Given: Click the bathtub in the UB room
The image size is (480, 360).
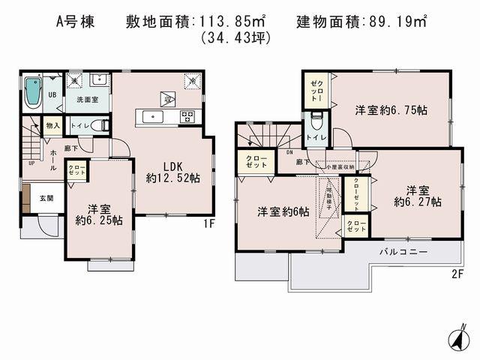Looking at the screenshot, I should coord(34,93).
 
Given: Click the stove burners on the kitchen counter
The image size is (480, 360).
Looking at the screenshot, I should coord(187,116).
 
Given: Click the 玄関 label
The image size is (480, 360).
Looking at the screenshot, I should coord(46,199).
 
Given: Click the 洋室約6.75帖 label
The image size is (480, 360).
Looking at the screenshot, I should coord(391,110).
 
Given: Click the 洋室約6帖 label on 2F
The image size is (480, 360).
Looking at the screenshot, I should coord(282,211).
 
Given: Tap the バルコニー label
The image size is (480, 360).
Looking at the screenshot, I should coord(403,251).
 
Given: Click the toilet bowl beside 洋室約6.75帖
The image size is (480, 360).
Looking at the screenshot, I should coord(316,120).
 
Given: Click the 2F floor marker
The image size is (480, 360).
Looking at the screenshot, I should coord(457,274).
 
